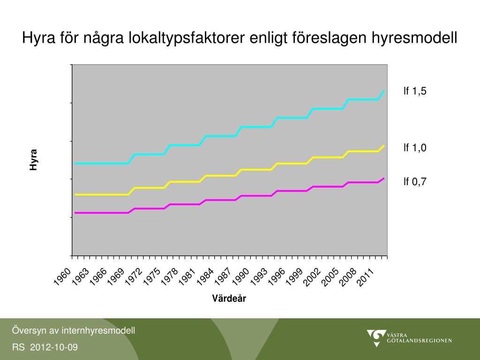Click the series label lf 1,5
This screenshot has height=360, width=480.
click(x=415, y=91)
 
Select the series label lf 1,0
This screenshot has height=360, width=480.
click(x=415, y=148)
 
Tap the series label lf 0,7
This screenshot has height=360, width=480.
click(x=415, y=182)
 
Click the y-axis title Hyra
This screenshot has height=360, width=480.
click(x=33, y=160)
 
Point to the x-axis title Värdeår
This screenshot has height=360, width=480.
click(x=229, y=299)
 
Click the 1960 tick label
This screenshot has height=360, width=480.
click(x=62, y=276)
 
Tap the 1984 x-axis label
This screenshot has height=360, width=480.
click(x=205, y=276)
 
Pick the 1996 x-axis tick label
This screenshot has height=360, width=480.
click(x=277, y=276)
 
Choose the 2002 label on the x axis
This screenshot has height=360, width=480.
click(x=313, y=276)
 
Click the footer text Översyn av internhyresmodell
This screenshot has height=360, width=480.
click(x=74, y=330)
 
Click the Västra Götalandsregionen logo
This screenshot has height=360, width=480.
click(x=409, y=337)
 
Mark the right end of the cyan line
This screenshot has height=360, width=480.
click(x=384, y=90)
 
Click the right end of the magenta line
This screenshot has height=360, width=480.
click(x=384, y=178)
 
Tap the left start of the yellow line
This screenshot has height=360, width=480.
click(x=75, y=195)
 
